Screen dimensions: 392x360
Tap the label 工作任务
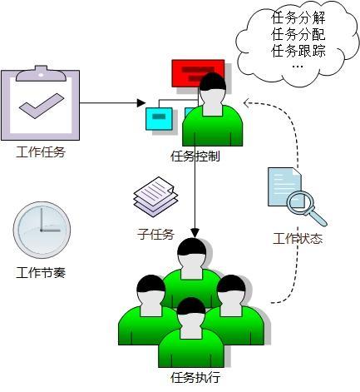pyautogui.click(x=41, y=152)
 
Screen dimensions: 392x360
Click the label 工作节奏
pyautogui.click(x=41, y=272)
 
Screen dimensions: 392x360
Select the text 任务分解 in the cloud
pyautogui.click(x=298, y=19)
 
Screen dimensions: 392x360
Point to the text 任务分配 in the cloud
pyautogui.click(x=298, y=35)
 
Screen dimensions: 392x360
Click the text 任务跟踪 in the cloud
pyautogui.click(x=298, y=51)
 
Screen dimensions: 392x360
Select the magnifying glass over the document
pyautogui.click(x=303, y=205)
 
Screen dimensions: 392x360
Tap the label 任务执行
pyautogui.click(x=195, y=377)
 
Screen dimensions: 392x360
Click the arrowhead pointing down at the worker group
pyautogui.click(x=195, y=232)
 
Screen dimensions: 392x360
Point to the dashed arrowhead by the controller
pyautogui.click(x=247, y=102)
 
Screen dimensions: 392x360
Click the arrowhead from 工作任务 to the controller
pyautogui.click(x=141, y=103)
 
